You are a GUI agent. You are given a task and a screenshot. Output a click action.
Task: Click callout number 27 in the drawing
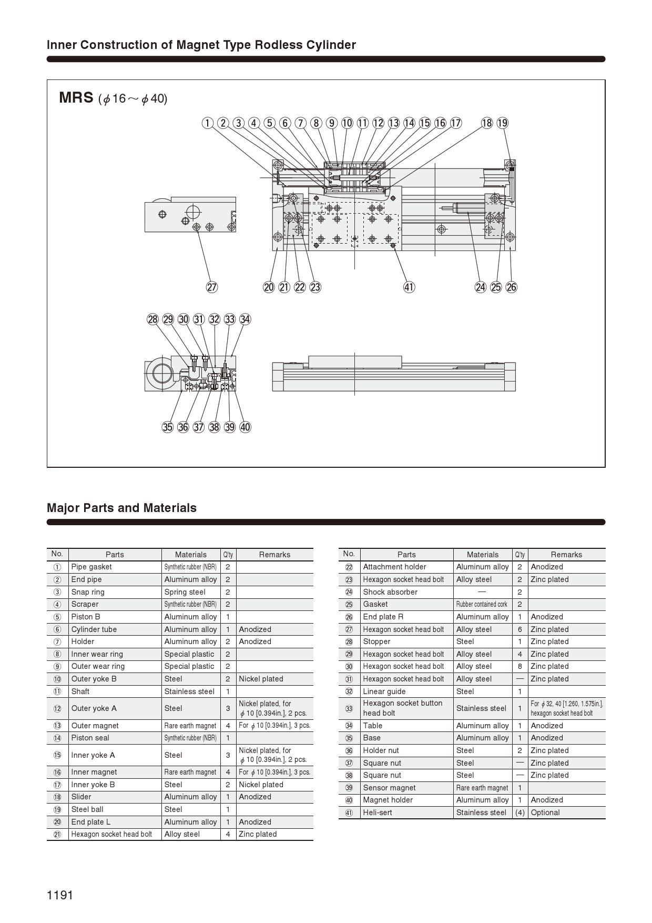tap(211, 287)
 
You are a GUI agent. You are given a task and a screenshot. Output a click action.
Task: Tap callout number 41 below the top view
tap(409, 287)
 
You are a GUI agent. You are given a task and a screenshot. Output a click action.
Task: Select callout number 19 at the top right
tap(503, 123)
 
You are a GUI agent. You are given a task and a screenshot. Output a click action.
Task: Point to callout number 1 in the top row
tap(208, 123)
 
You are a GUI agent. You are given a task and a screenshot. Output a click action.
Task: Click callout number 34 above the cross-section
tap(245, 319)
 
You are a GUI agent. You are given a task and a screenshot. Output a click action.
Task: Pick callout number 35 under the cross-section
tap(167, 427)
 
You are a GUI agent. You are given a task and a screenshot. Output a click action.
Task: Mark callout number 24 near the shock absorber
tap(481, 287)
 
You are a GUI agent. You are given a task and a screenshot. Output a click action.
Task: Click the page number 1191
tap(60, 895)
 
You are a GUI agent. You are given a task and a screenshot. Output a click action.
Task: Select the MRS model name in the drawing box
tap(76, 98)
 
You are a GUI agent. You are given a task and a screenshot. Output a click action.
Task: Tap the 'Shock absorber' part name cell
tap(390, 592)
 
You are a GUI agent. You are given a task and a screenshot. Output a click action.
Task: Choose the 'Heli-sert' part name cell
tap(378, 812)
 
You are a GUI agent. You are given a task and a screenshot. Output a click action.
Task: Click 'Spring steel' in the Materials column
tap(185, 592)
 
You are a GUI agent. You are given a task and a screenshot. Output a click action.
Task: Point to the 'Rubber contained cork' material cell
tap(482, 605)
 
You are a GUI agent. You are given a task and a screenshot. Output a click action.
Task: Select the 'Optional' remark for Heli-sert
tap(545, 812)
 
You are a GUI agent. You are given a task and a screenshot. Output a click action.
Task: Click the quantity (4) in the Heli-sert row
tap(519, 812)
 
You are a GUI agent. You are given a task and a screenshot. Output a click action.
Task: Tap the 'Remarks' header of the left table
tap(274, 555)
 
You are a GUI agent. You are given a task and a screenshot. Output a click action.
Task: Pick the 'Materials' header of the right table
tap(482, 555)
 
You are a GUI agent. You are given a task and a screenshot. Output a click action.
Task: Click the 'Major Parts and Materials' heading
tap(121, 508)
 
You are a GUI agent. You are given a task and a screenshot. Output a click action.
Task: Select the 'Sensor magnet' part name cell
tap(389, 788)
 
